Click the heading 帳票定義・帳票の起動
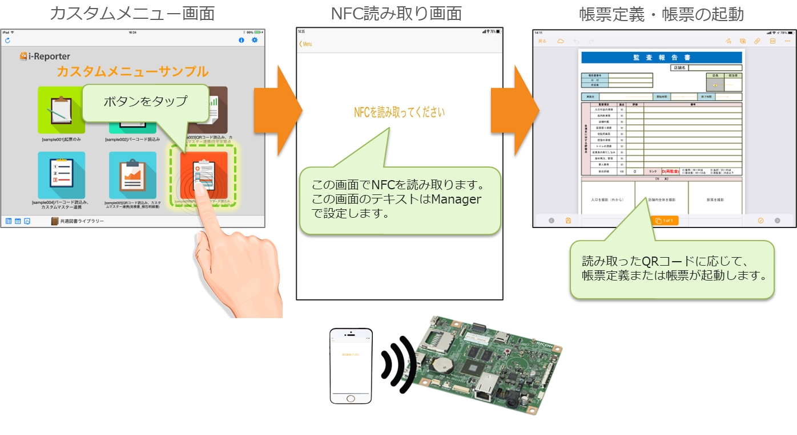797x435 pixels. (x=661, y=13)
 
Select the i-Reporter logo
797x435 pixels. (x=45, y=56)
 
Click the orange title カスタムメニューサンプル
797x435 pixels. (x=132, y=72)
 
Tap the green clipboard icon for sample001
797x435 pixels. (x=61, y=110)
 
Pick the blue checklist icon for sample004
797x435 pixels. (x=62, y=174)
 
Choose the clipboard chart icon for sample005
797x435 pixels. (x=132, y=174)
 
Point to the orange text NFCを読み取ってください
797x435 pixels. (x=399, y=112)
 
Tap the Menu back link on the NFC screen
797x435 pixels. (x=306, y=44)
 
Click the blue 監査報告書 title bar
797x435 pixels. (x=661, y=58)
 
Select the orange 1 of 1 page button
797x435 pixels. (x=665, y=221)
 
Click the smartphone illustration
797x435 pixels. (x=351, y=365)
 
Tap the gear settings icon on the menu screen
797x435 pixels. (x=255, y=40)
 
